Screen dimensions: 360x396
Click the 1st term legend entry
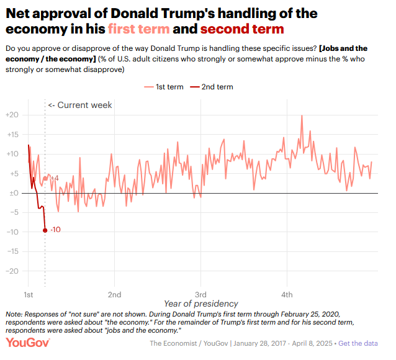[x=164, y=87]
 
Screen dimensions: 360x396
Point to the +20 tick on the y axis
[x=12, y=115]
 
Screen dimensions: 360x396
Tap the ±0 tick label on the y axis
[x=12, y=193]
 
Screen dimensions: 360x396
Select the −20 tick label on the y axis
[x=12, y=271]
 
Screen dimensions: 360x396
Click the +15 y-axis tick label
[x=12, y=135]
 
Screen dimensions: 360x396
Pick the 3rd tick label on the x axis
[x=200, y=294]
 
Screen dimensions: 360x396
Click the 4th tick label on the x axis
[x=287, y=294]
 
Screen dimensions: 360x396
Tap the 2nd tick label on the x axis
[x=114, y=294]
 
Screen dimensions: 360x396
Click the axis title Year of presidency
[x=201, y=304]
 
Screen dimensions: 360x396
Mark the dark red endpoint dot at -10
[x=45, y=230]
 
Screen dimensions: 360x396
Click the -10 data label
[x=55, y=230]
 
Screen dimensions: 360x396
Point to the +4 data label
[x=54, y=179]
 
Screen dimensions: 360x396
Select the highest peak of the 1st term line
[x=302, y=115]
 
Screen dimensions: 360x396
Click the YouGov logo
[x=27, y=343]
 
